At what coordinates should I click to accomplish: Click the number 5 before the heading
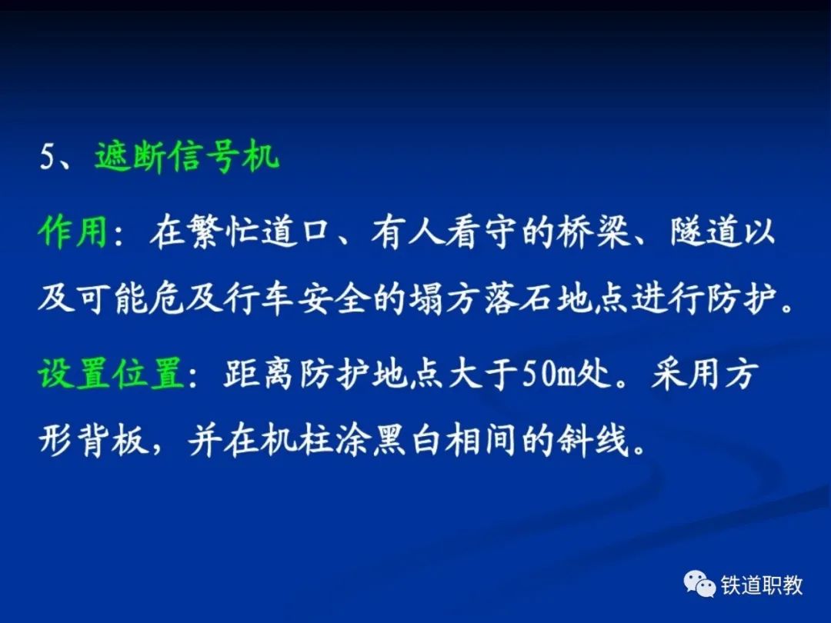pyautogui.click(x=48, y=157)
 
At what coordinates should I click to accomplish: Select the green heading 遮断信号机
pyautogui.click(x=187, y=157)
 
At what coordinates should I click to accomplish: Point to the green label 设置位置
pyautogui.click(x=111, y=374)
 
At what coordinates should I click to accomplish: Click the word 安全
pyautogui.click(x=334, y=298)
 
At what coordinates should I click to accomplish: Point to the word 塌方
pyautogui.click(x=444, y=298)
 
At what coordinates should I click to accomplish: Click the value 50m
pyautogui.click(x=549, y=375)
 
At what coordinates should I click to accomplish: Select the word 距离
pyautogui.click(x=258, y=374)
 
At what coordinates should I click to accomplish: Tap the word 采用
pyautogui.click(x=686, y=374)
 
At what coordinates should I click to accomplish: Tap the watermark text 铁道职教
pyautogui.click(x=762, y=585)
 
